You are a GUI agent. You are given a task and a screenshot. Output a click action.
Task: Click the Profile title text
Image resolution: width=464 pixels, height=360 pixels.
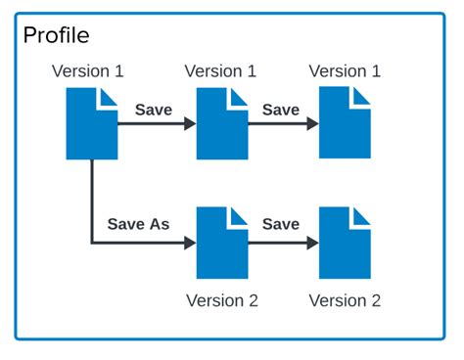(x=56, y=36)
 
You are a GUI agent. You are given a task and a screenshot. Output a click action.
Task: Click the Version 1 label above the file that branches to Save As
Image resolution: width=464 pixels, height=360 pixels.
(x=88, y=71)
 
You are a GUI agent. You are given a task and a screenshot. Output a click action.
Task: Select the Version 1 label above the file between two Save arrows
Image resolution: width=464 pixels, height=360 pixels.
(x=220, y=71)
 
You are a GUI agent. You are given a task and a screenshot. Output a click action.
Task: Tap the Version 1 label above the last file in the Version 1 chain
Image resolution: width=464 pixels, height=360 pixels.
(x=345, y=71)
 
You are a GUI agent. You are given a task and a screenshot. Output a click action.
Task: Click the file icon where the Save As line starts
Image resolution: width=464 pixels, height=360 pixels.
(x=92, y=123)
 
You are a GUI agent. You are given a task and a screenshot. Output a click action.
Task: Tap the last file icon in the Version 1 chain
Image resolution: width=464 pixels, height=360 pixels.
(x=345, y=123)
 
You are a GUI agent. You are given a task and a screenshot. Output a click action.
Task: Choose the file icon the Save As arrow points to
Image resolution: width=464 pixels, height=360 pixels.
(x=222, y=243)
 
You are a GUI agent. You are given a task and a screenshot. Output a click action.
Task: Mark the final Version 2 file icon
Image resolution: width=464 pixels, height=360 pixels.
(x=345, y=243)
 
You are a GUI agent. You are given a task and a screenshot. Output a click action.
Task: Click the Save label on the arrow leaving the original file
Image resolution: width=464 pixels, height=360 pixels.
(x=153, y=110)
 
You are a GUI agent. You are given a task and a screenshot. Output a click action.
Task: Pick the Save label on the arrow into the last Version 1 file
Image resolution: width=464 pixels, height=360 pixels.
(x=281, y=110)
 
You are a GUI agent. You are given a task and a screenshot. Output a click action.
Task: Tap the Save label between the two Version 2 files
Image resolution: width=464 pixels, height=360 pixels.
(x=281, y=224)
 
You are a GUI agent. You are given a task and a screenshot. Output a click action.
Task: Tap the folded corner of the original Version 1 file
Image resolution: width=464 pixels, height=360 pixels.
(x=110, y=95)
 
